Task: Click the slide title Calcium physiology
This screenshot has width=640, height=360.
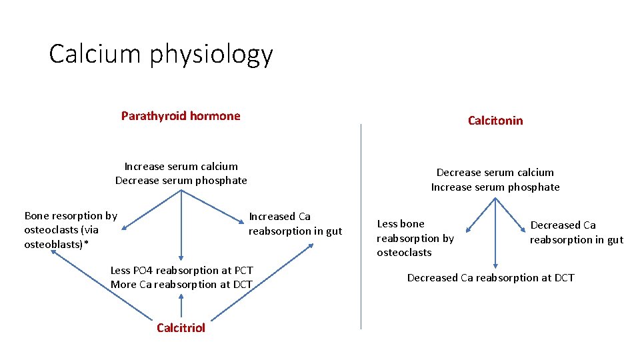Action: coord(161,55)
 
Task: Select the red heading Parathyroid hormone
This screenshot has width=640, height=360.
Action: coord(181,116)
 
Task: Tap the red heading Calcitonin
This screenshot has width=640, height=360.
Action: coord(495,121)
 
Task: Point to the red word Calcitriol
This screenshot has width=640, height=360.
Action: coord(181,327)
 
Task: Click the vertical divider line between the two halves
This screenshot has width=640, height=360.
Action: coord(361,227)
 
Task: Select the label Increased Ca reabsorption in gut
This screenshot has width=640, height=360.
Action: coord(295,223)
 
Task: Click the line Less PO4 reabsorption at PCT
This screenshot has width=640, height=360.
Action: coord(181,270)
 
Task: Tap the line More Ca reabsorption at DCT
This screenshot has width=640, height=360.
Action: coord(181,285)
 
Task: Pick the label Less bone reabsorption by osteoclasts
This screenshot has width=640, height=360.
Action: coord(415,238)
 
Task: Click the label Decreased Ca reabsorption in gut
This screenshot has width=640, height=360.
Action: coord(576,232)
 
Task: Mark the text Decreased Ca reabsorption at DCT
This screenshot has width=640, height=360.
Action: coord(490,277)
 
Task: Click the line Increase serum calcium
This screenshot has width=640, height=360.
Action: coord(181,166)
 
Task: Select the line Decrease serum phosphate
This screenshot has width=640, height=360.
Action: coord(181,180)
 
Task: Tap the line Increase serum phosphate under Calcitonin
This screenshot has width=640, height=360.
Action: coord(495,187)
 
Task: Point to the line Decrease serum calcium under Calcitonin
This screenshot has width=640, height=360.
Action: coord(495,173)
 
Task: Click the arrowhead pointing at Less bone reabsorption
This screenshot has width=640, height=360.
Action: coord(468,230)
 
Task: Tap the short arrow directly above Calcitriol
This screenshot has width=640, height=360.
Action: coord(181,303)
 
